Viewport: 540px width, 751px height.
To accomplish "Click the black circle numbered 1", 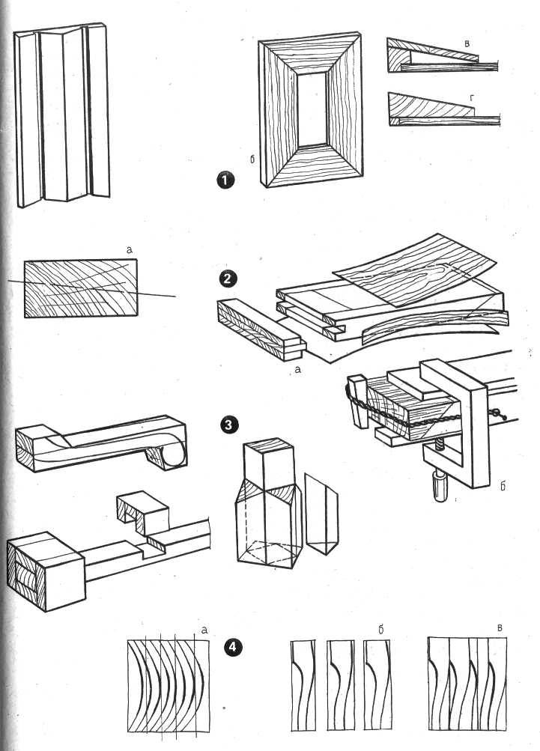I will [x=224, y=180].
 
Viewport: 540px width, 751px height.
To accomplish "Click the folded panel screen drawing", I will [x=63, y=116].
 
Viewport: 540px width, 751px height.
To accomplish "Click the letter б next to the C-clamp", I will [x=504, y=487].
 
